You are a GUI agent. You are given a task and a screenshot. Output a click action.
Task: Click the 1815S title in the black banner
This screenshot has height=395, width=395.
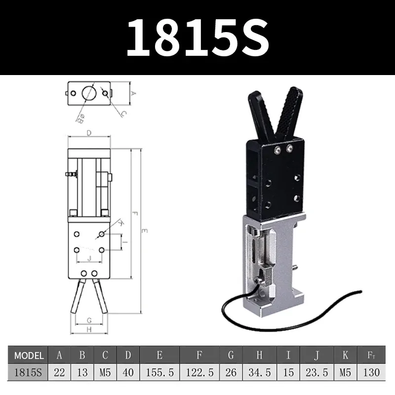pyautogui.click(x=197, y=38)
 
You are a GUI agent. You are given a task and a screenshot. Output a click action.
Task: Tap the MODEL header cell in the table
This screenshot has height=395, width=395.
pyautogui.click(x=29, y=355)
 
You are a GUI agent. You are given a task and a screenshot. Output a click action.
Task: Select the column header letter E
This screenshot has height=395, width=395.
pyautogui.click(x=159, y=355)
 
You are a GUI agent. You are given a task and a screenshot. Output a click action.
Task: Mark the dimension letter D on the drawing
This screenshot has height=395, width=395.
pyautogui.click(x=89, y=132)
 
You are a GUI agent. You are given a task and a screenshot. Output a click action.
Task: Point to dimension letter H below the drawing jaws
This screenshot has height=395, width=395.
pyautogui.click(x=89, y=329)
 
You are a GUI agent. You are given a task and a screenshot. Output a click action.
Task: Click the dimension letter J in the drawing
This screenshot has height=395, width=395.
pyautogui.click(x=89, y=258)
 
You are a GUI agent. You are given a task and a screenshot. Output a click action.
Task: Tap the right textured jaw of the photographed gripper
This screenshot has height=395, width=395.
pyautogui.click(x=290, y=111)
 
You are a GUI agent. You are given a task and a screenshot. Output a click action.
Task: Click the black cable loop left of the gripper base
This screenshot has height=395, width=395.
pyautogui.click(x=232, y=306)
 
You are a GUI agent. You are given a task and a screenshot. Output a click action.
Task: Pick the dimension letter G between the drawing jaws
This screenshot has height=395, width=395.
pyautogui.click(x=89, y=320)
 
